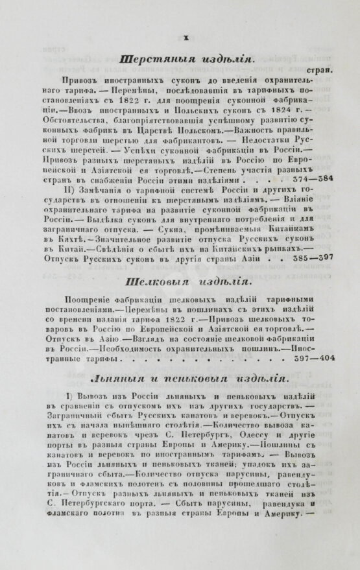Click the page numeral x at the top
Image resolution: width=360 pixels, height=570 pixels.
click(187, 37)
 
